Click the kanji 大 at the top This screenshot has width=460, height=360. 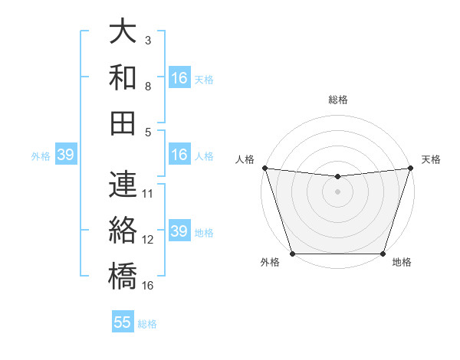pyautogui.click(x=123, y=31)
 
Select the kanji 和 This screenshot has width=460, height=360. pyautogui.click(x=123, y=77)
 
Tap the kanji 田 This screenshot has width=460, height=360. pyautogui.click(x=123, y=123)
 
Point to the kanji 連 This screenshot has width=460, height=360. pyautogui.click(x=123, y=185)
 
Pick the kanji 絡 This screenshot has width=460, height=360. pyautogui.click(x=123, y=231)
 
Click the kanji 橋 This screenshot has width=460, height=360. pyautogui.click(x=123, y=277)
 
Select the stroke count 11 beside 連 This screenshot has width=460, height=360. pyautogui.click(x=148, y=193)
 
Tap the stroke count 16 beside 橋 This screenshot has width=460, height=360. pyautogui.click(x=148, y=285)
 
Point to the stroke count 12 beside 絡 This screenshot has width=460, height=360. pyautogui.click(x=148, y=239)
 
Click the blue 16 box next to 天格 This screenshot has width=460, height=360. pyautogui.click(x=179, y=78)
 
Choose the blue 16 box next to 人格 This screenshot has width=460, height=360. pyautogui.click(x=179, y=155)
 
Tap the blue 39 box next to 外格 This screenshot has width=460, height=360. pyautogui.click(x=65, y=155)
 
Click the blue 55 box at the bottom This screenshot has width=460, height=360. pyautogui.click(x=123, y=322)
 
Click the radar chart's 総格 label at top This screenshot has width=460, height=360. pyautogui.click(x=337, y=100)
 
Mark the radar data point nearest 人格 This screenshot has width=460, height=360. pyautogui.click(x=264, y=168)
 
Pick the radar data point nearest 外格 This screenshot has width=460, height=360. pyautogui.click(x=293, y=254)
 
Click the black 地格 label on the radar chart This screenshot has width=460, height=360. pyautogui.click(x=402, y=263)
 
